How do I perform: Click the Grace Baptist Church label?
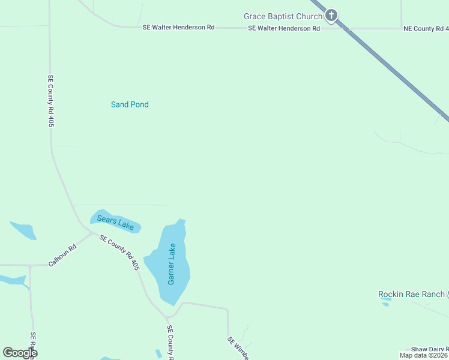pyautogui.click(x=283, y=16)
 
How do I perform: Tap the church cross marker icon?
pyautogui.click(x=331, y=16)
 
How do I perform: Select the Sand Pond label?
pyautogui.click(x=130, y=104)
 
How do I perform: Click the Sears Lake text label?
pyautogui.click(x=115, y=222)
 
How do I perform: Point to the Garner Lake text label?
pyautogui.click(x=172, y=264)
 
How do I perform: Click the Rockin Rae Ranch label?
pyautogui.click(x=411, y=294)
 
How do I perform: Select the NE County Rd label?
pyautogui.click(x=426, y=28)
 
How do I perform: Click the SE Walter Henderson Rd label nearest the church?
pyautogui.click(x=283, y=28)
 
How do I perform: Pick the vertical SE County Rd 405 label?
pyautogui.click(x=52, y=100)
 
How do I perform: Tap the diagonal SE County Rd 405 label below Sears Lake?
pyautogui.click(x=119, y=252)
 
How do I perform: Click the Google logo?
pyautogui.click(x=20, y=353)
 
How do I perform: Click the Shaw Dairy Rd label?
pyautogui.click(x=429, y=349)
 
